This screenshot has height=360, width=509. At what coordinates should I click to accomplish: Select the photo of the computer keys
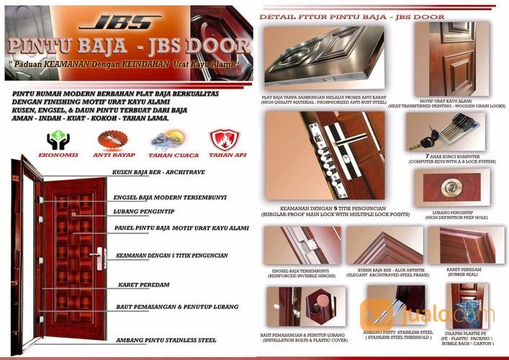tap(445, 133)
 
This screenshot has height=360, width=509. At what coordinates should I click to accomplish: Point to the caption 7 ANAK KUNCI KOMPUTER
tap(454, 157)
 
